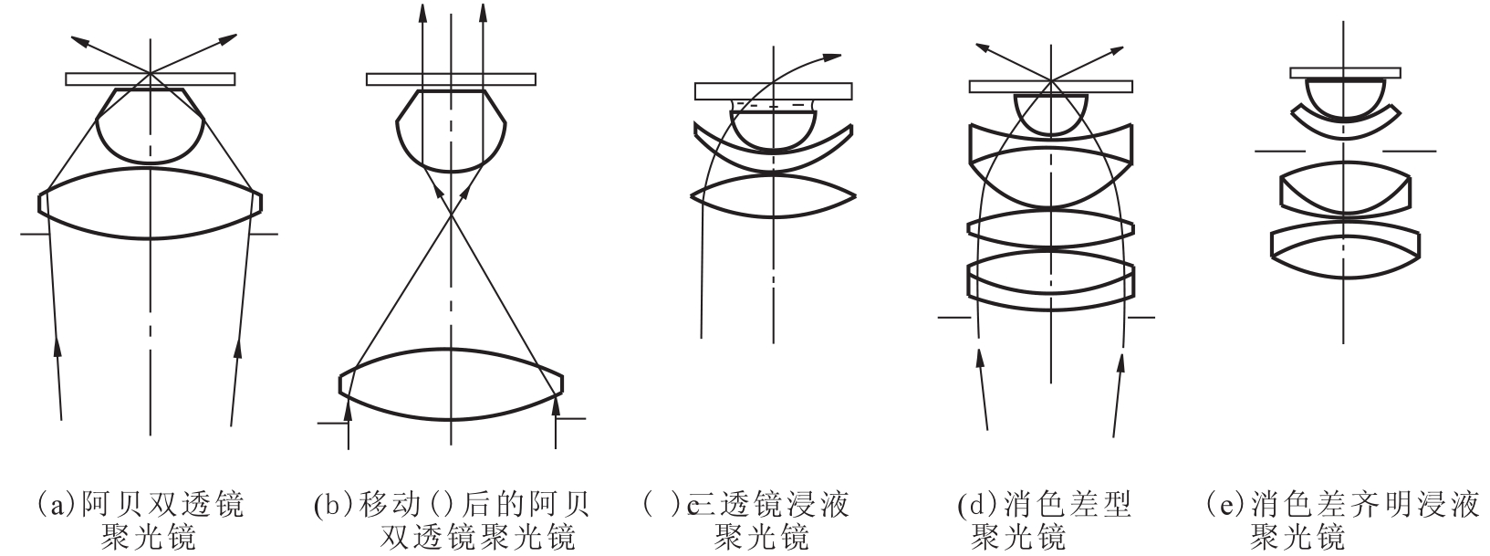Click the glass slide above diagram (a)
click(x=151, y=79)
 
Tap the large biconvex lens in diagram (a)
click(x=151, y=203)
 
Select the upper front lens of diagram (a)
click(x=151, y=125)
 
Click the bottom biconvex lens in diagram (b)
click(x=451, y=384)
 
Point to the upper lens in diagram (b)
click(x=451, y=131)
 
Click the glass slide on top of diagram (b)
click(x=451, y=79)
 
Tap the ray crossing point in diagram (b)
click(x=451, y=215)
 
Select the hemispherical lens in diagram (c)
click(x=773, y=130)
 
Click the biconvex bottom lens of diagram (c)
click(x=773, y=195)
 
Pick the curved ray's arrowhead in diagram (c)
click(x=832, y=58)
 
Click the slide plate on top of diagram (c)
click(x=773, y=91)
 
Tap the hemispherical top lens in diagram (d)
click(x=1051, y=114)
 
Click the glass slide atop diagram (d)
click(x=1051, y=87)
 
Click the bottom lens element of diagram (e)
click(x=1345, y=253)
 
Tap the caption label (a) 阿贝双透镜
click(x=139, y=506)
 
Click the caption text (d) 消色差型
click(x=1045, y=506)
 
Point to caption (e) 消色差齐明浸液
click(x=1342, y=506)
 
